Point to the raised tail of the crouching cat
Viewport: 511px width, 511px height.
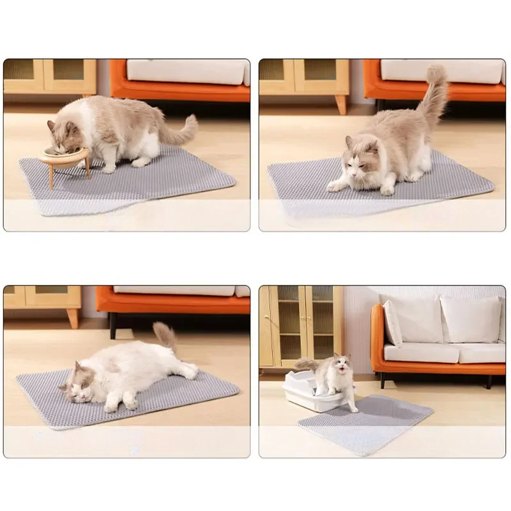point(436,96)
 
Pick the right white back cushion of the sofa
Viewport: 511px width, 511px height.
point(471,319)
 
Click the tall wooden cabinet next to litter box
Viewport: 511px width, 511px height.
point(301,326)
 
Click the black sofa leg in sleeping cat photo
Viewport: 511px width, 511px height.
point(112,325)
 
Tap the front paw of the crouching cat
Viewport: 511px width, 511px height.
point(336,186)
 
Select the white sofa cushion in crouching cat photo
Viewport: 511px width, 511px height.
point(441,71)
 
